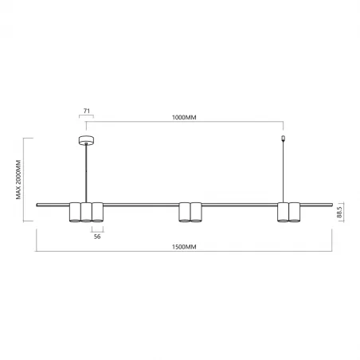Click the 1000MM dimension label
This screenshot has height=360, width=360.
(184, 117)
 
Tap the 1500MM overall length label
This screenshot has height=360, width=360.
(184, 248)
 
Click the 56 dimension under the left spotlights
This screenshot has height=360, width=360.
(97, 237)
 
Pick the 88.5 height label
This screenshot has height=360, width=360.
(340, 213)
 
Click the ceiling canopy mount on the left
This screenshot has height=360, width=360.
(86, 141)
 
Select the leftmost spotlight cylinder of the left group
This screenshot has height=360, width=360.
(75, 212)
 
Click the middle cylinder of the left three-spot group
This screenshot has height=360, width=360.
(86, 212)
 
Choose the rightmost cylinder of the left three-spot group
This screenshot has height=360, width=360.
(97, 212)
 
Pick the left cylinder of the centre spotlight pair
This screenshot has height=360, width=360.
(185, 212)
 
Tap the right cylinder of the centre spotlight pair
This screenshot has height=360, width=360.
(196, 212)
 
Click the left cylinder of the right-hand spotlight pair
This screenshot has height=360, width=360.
(283, 212)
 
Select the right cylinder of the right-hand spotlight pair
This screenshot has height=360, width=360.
(294, 212)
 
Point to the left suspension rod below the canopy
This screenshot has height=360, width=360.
(86, 171)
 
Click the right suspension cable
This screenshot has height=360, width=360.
(283, 171)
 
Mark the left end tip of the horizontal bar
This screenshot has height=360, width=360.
(37, 205)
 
